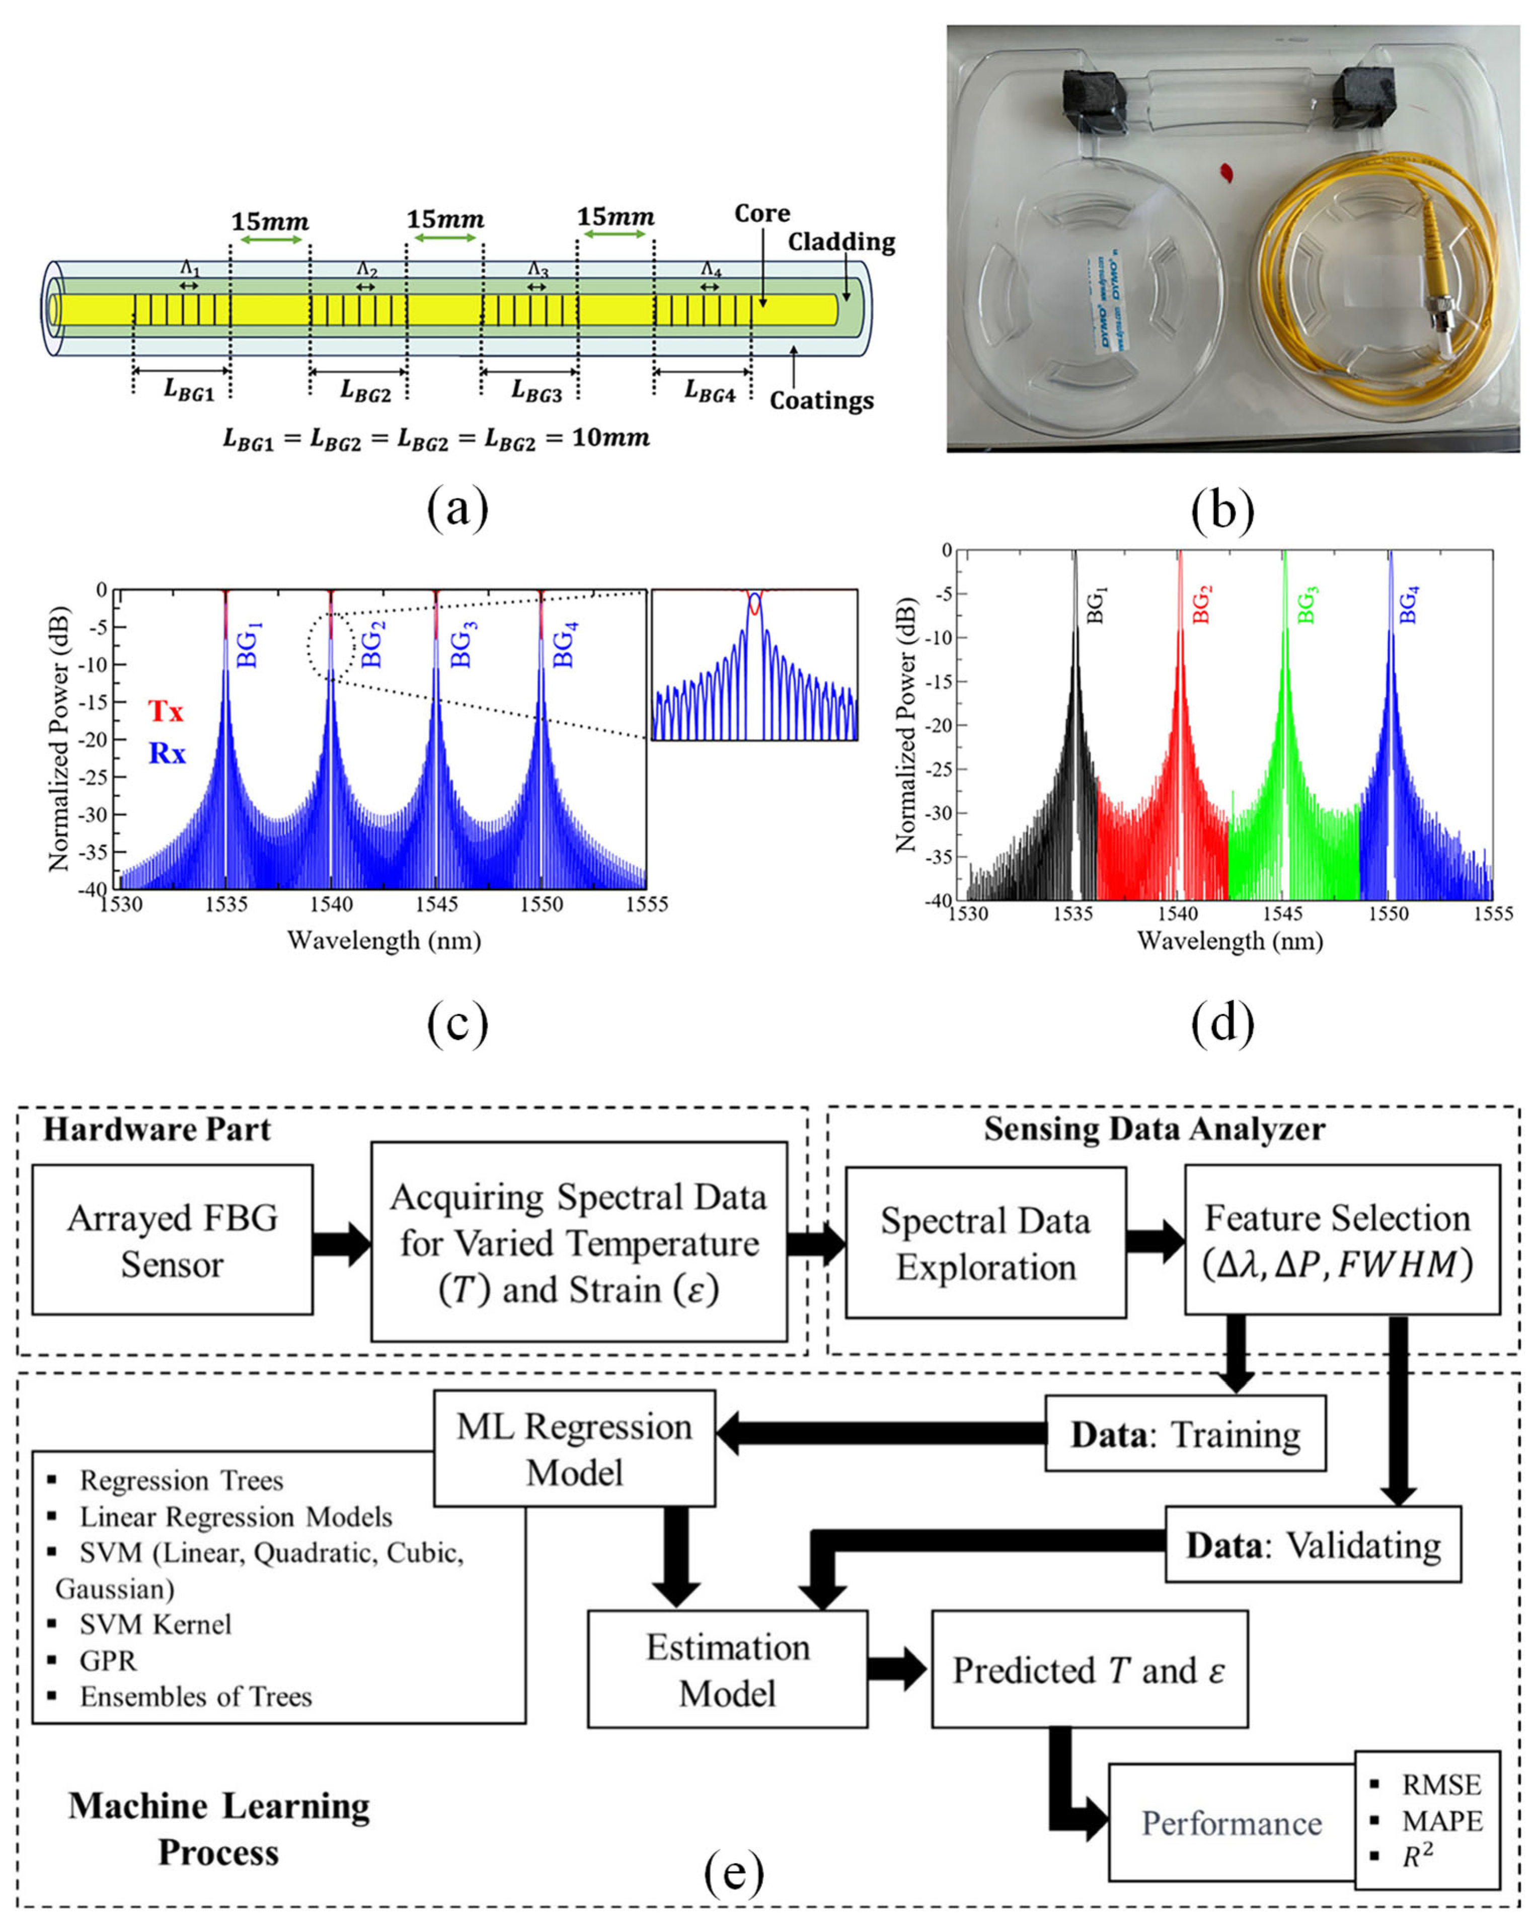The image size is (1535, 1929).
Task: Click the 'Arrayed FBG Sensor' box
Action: pyautogui.click(x=172, y=1240)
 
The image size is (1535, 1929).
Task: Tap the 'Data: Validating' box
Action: pyautogui.click(x=1312, y=1545)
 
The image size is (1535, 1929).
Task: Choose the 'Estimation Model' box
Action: pyautogui.click(x=727, y=1669)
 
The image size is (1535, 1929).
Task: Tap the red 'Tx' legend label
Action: pyautogui.click(x=166, y=711)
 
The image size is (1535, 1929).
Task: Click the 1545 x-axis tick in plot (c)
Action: pyautogui.click(x=436, y=904)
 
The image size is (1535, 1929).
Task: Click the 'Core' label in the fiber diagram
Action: pyautogui.click(x=761, y=214)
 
